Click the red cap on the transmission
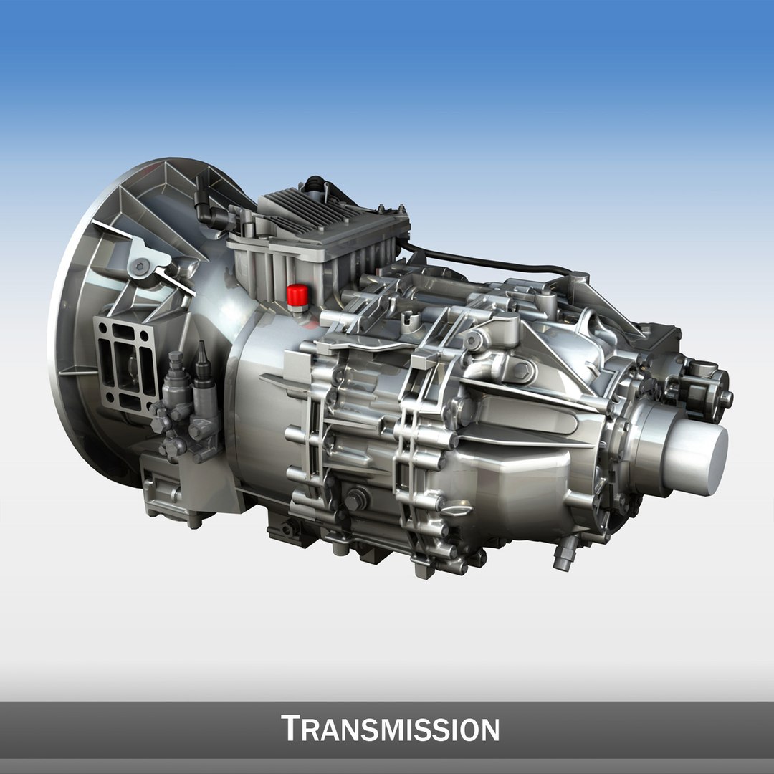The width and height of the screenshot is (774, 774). point(297,294)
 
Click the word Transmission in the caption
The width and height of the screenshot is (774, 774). point(391,728)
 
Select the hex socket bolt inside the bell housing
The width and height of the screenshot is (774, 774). point(141,267)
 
